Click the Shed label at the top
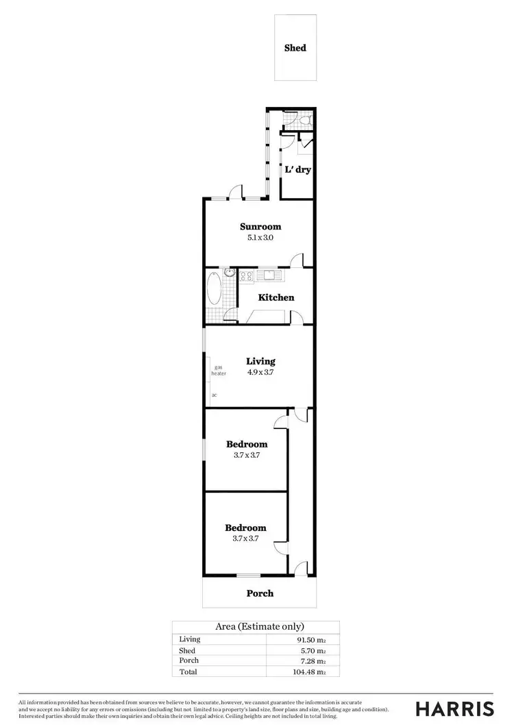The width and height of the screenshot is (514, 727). (x=295, y=48)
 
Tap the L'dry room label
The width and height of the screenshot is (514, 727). (x=298, y=169)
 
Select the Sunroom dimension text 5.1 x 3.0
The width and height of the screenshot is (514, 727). (x=260, y=238)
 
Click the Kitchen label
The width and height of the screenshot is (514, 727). (x=276, y=297)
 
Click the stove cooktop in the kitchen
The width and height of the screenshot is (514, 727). (x=246, y=276)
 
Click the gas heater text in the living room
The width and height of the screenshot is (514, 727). (x=219, y=371)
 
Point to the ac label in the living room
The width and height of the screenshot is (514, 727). (x=214, y=395)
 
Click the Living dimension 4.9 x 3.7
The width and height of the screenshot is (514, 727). (x=260, y=373)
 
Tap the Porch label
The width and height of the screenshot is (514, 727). (x=260, y=593)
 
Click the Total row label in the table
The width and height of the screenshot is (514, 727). (x=187, y=672)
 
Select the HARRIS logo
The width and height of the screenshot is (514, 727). (x=454, y=708)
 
